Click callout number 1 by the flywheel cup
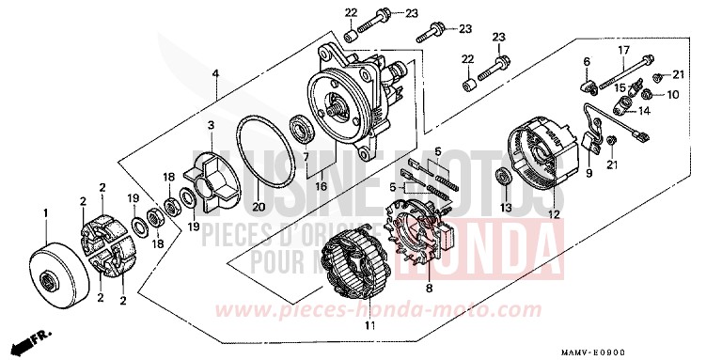pos(44,213)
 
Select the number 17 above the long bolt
pos(622,49)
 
